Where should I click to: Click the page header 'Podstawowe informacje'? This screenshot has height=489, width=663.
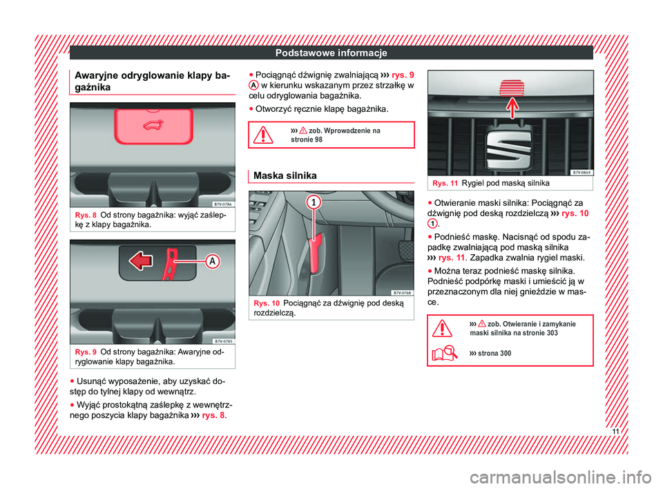331,53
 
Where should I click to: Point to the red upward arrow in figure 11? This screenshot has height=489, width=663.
510,107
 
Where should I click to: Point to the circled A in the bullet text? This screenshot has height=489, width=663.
252,85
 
